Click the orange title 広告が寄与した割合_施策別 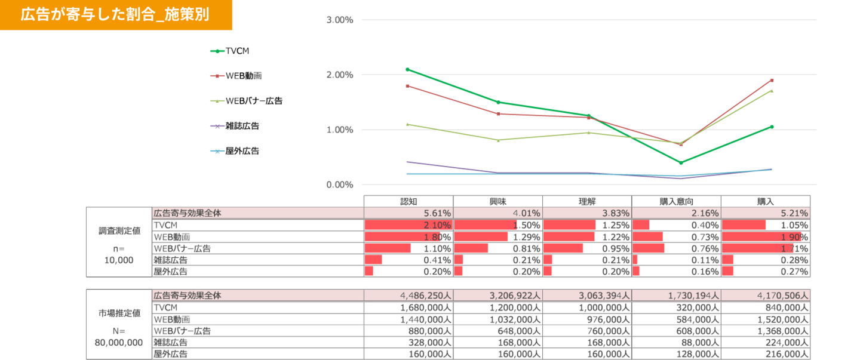115,15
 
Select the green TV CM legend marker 216,51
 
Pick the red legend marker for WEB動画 216,76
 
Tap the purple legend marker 216,126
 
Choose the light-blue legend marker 216,151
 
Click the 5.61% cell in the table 408,213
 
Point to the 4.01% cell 497,213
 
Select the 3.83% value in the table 587,213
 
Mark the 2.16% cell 677,213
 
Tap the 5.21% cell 766,213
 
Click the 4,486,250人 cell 408,295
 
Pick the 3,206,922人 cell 497,295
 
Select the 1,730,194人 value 677,295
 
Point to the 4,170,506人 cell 766,295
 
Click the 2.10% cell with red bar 408,225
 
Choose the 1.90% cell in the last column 766,236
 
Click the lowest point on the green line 681,162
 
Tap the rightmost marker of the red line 772,80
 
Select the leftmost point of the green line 407,69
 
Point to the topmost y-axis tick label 340,20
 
